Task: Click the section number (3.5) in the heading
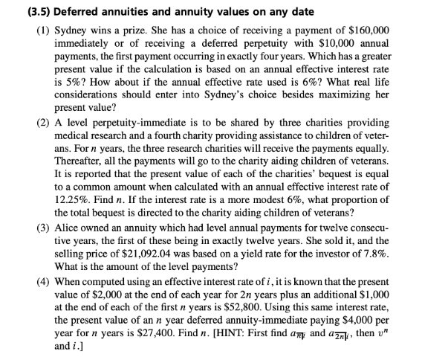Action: coord(16,11)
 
